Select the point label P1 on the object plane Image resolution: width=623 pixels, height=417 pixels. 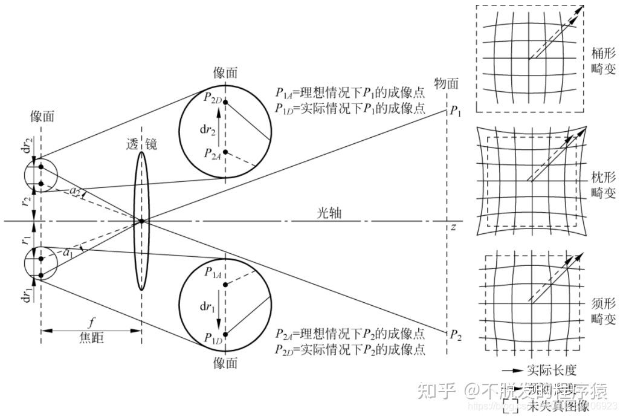pyautogui.click(x=456, y=111)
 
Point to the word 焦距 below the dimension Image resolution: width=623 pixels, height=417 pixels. pyautogui.click(x=91, y=338)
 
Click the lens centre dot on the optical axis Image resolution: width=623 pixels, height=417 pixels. pyautogui.click(x=141, y=221)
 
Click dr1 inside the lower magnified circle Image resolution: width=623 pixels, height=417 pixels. pyautogui.click(x=207, y=306)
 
